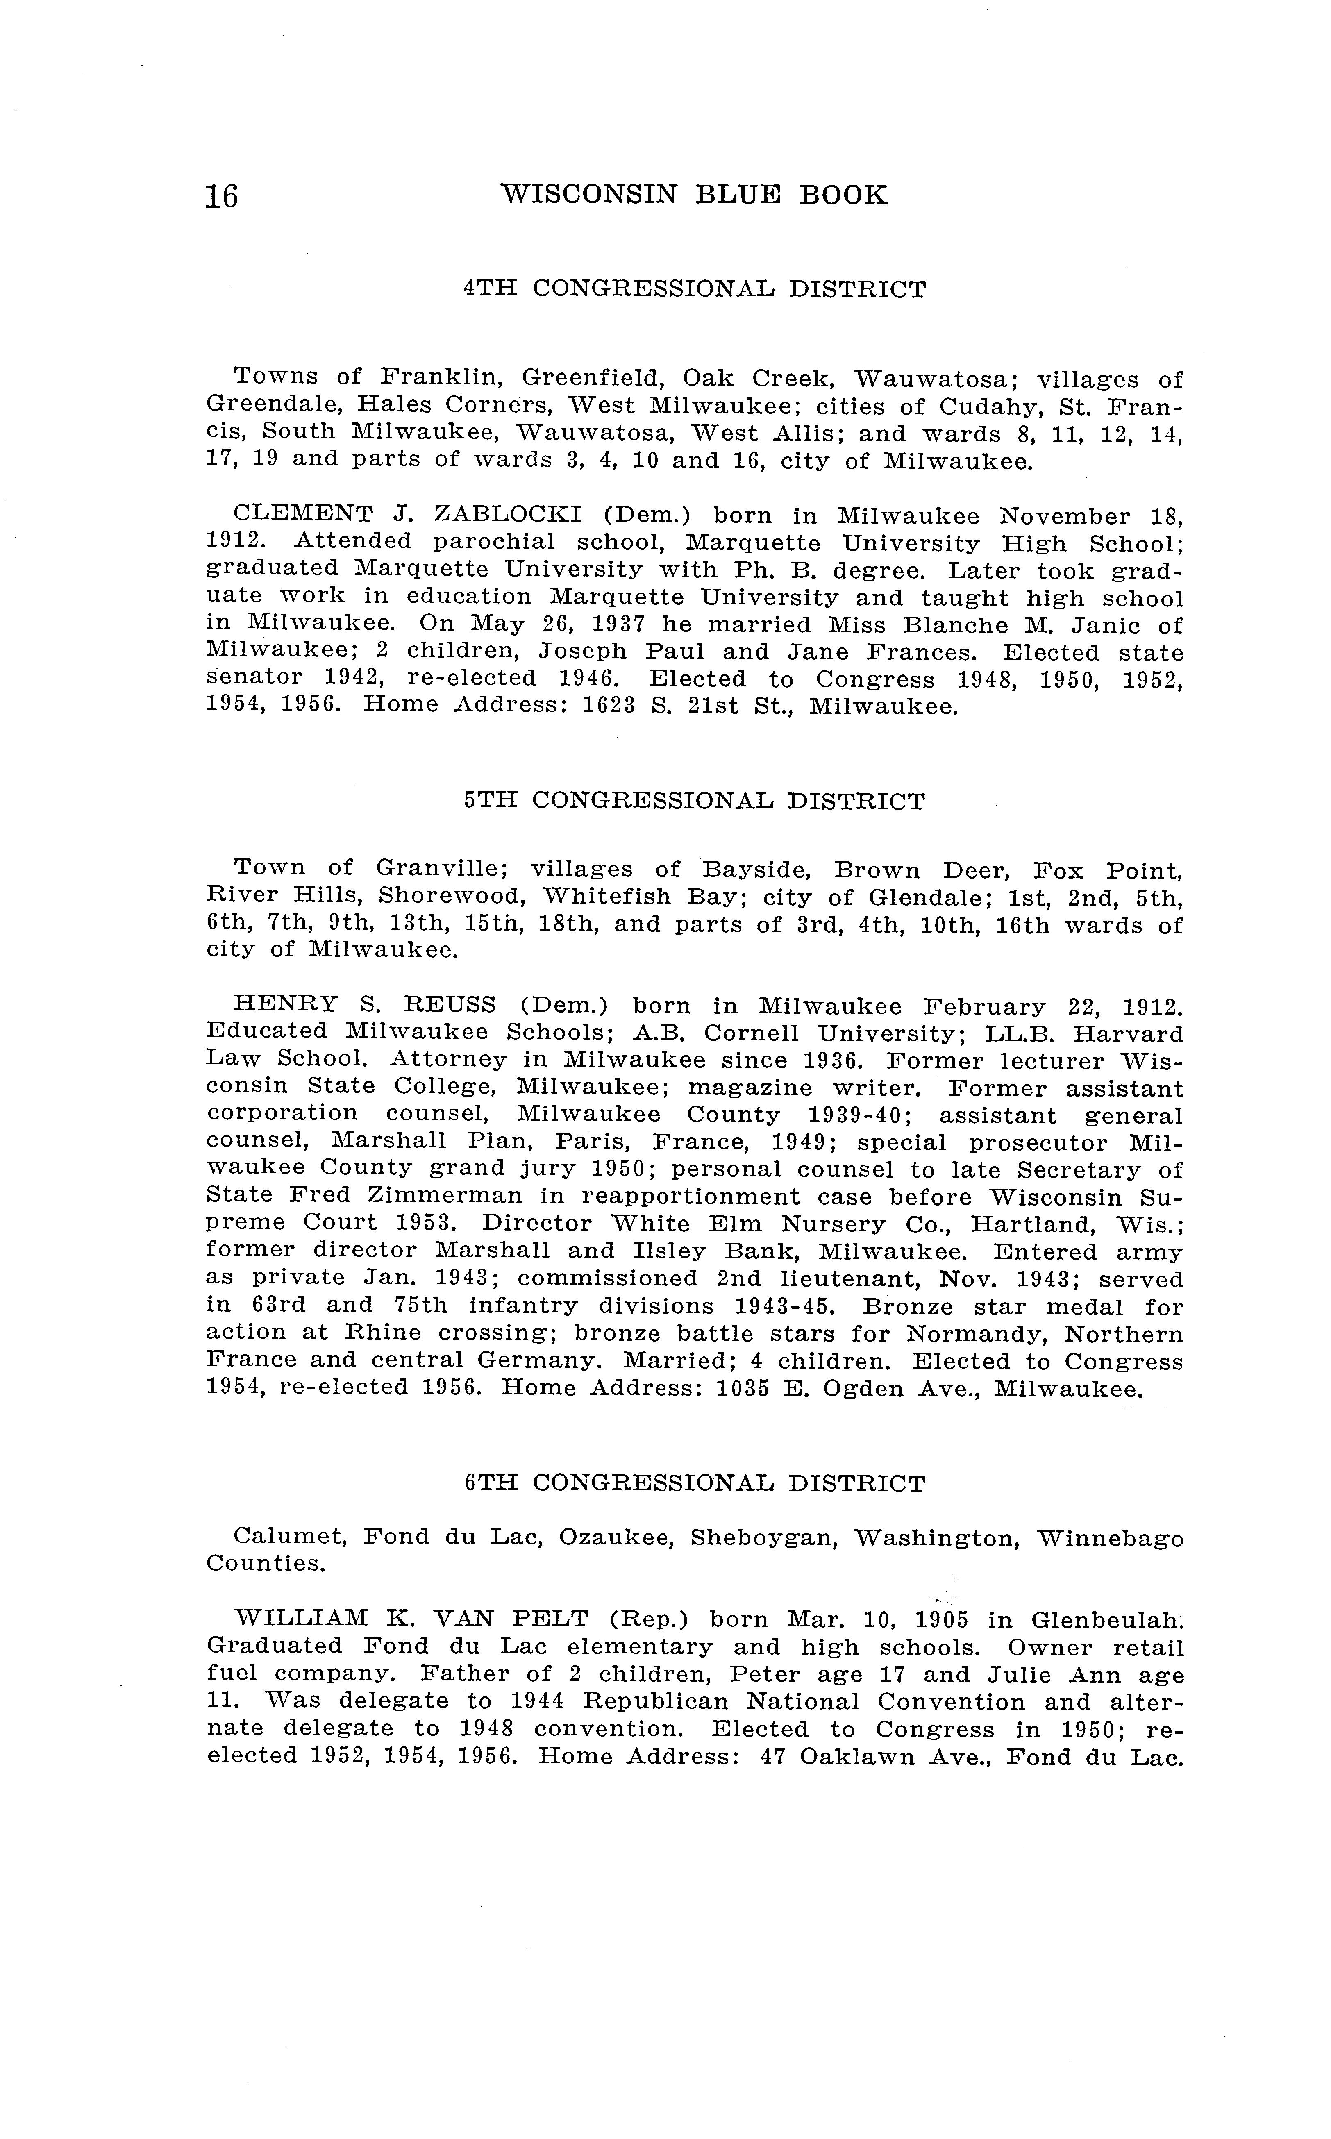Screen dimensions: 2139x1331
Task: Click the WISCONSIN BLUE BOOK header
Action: coord(694,195)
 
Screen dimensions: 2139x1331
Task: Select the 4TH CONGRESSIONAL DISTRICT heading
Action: coord(695,290)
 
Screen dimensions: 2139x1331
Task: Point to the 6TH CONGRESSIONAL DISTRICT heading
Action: coord(695,1483)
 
